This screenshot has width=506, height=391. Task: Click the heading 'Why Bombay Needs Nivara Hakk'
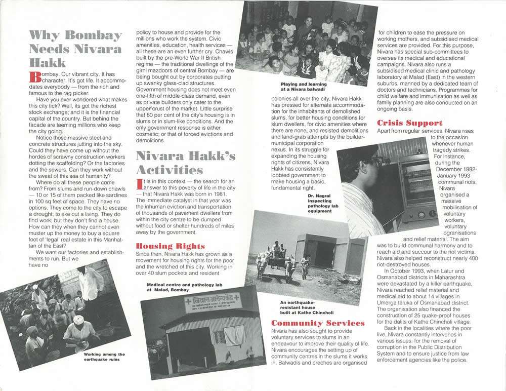[x=76, y=49]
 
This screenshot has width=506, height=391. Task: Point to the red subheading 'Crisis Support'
[x=410, y=123]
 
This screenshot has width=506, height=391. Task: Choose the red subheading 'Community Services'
[x=318, y=323]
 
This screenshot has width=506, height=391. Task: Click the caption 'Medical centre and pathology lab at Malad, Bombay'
[x=184, y=288]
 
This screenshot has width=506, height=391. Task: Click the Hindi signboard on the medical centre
[x=205, y=302]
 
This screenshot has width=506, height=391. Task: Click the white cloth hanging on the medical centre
[x=234, y=335]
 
